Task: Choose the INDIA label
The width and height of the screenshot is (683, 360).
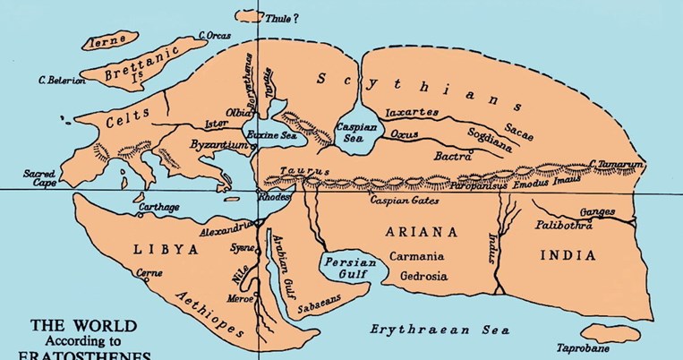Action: point(568,255)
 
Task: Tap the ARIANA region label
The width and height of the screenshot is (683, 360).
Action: point(422,232)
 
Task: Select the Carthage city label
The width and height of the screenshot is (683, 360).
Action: point(158,207)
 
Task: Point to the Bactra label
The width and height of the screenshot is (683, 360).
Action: point(452,156)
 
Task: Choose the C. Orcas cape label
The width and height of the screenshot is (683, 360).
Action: point(218,36)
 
